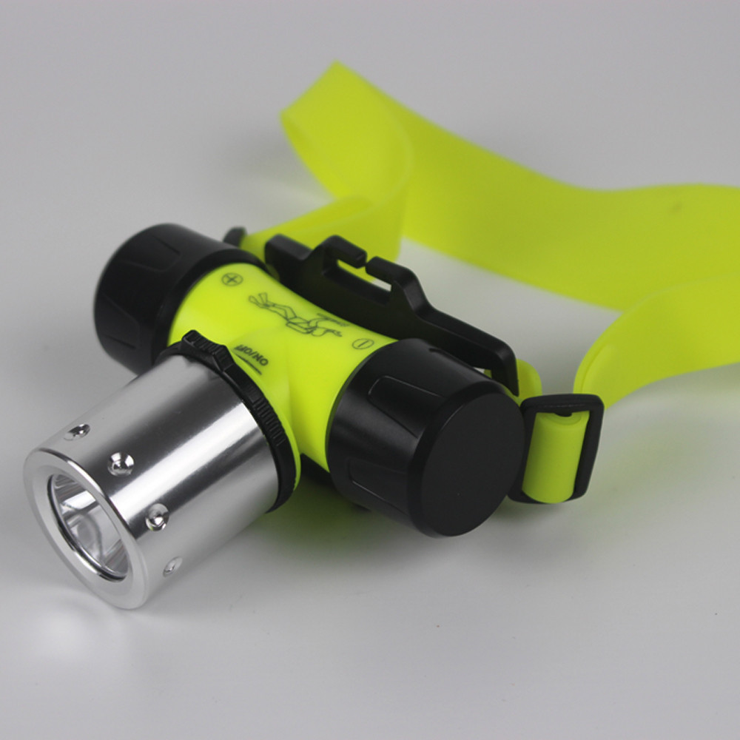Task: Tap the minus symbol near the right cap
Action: pyautogui.click(x=361, y=343)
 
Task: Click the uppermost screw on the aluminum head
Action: pyautogui.click(x=77, y=431)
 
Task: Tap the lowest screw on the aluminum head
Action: pyautogui.click(x=172, y=566)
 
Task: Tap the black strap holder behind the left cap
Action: pyautogui.click(x=235, y=237)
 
